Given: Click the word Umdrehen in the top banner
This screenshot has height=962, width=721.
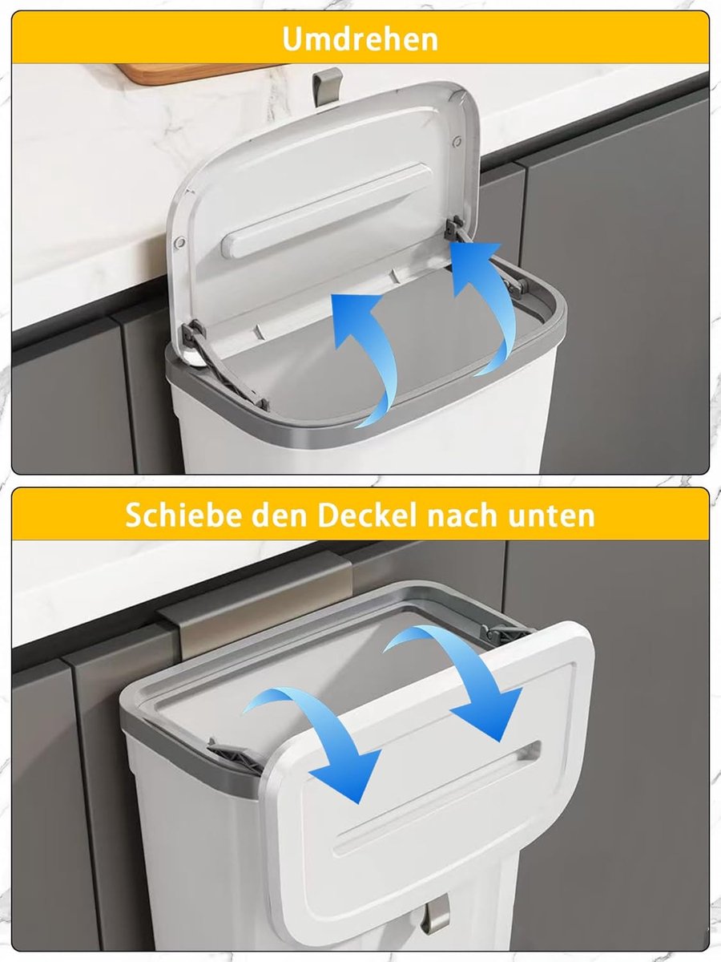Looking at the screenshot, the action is point(360,39).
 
